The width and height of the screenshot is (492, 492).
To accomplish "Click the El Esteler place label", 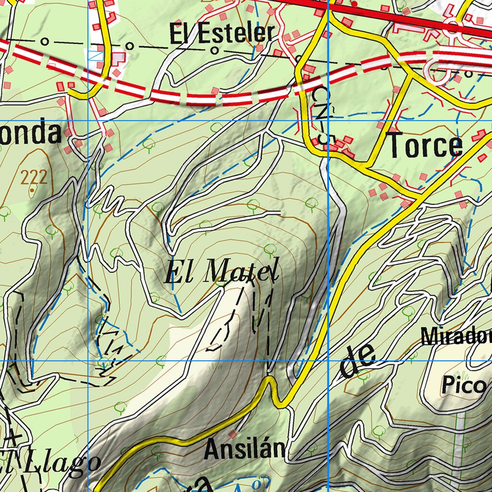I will coord(221,34).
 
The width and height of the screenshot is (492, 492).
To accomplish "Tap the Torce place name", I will coord(425,146).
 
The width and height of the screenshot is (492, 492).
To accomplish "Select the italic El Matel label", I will coord(221,272).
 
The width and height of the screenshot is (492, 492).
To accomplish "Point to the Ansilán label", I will coord(244,450).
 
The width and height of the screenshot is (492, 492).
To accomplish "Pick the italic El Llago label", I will coord(50,462).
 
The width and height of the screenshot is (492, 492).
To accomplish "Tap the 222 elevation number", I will coord(34,178).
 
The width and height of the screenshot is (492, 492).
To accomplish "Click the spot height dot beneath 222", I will coord(32,190).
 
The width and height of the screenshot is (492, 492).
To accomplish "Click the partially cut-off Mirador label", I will coord(456,336).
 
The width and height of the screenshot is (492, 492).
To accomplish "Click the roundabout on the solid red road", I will coord(452,26).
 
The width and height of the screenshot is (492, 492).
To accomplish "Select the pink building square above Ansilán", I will coord(233,434).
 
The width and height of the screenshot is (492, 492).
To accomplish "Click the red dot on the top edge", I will coord(354,4).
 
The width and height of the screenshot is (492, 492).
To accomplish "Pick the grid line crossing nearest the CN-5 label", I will coord(328,121).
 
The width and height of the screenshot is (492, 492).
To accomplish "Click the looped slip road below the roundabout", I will coord(440,72).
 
